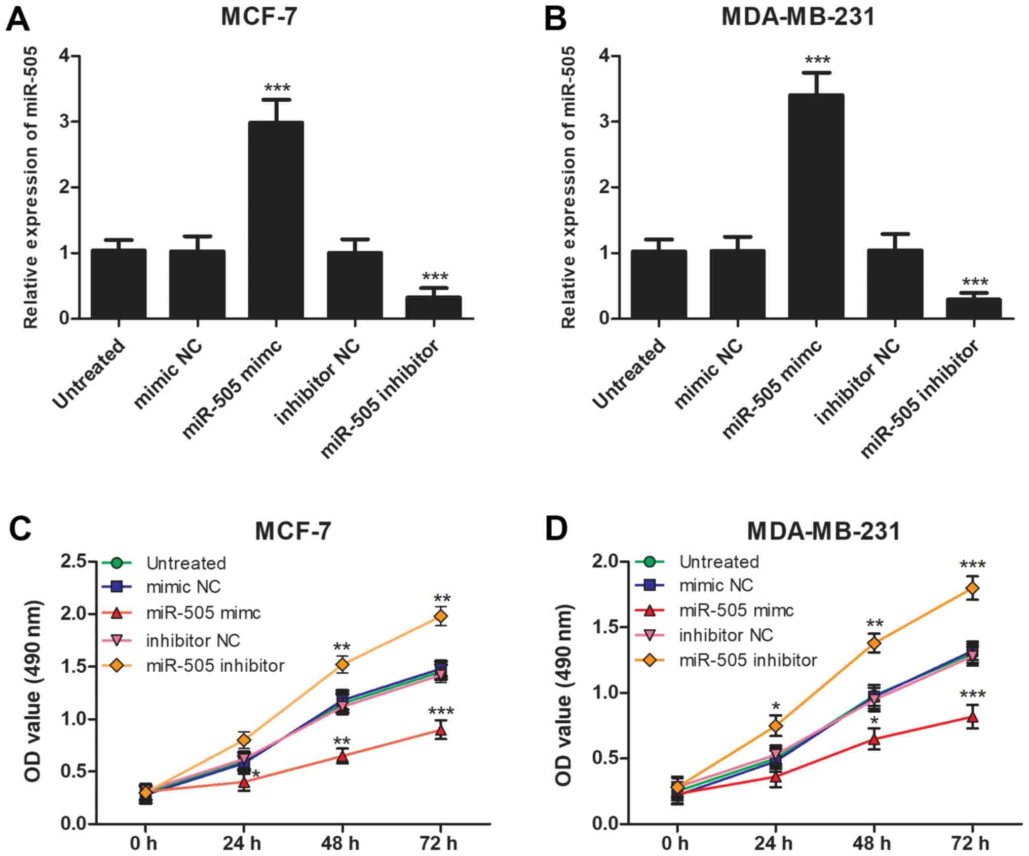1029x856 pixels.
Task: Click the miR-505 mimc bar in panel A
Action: click(276, 220)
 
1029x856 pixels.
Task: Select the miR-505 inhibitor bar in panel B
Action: click(973, 308)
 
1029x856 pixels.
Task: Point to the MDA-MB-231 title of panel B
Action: click(798, 17)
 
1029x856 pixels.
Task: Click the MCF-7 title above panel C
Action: click(293, 532)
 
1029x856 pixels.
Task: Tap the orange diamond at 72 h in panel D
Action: click(972, 588)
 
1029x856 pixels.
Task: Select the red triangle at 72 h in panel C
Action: click(441, 730)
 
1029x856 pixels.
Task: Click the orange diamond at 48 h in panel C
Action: click(342, 664)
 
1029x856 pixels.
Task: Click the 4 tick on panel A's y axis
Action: click(64, 56)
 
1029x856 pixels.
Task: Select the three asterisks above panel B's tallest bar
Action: click(817, 61)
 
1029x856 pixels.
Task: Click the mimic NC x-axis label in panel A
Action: click(168, 375)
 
